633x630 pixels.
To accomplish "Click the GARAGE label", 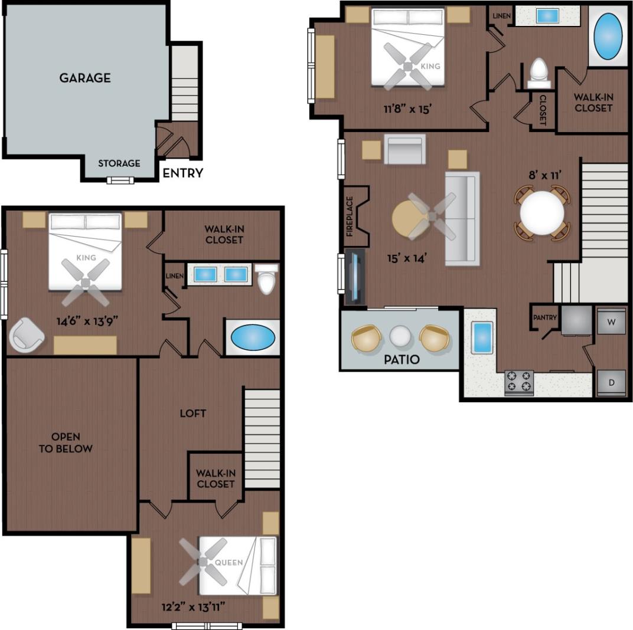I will pyautogui.click(x=85, y=78).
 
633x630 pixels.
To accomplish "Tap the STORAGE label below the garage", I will pyautogui.click(x=119, y=163).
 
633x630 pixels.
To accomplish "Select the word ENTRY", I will pyautogui.click(x=182, y=173).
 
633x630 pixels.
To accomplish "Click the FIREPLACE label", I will pyautogui.click(x=349, y=216).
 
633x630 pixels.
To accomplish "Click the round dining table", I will pyautogui.click(x=542, y=212).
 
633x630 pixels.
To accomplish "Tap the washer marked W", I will pyautogui.click(x=611, y=322).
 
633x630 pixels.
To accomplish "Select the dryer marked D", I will pyautogui.click(x=611, y=382).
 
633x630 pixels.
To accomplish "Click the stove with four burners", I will pyautogui.click(x=519, y=383).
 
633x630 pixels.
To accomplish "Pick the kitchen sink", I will pyautogui.click(x=482, y=338).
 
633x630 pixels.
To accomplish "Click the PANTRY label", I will pyautogui.click(x=544, y=317).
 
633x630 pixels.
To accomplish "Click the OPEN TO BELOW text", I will pyautogui.click(x=71, y=442).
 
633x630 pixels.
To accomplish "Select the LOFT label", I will pyautogui.click(x=193, y=413).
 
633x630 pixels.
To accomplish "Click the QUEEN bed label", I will pyautogui.click(x=229, y=562).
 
